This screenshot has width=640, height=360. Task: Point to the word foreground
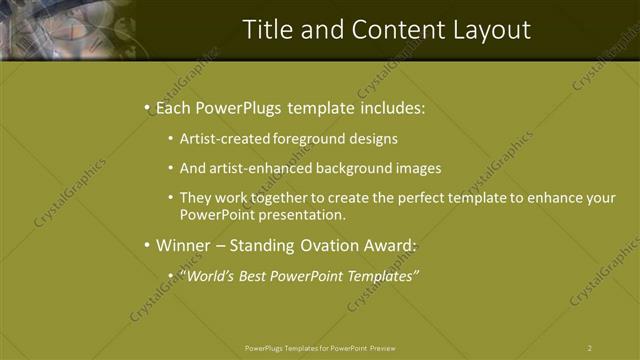[306, 138]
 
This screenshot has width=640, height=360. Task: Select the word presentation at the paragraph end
[305, 214]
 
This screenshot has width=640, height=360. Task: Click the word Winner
[182, 245]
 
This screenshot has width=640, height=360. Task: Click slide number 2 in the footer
[590, 348]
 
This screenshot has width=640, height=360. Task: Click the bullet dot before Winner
[148, 245]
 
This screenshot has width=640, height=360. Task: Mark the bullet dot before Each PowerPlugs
[148, 106]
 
